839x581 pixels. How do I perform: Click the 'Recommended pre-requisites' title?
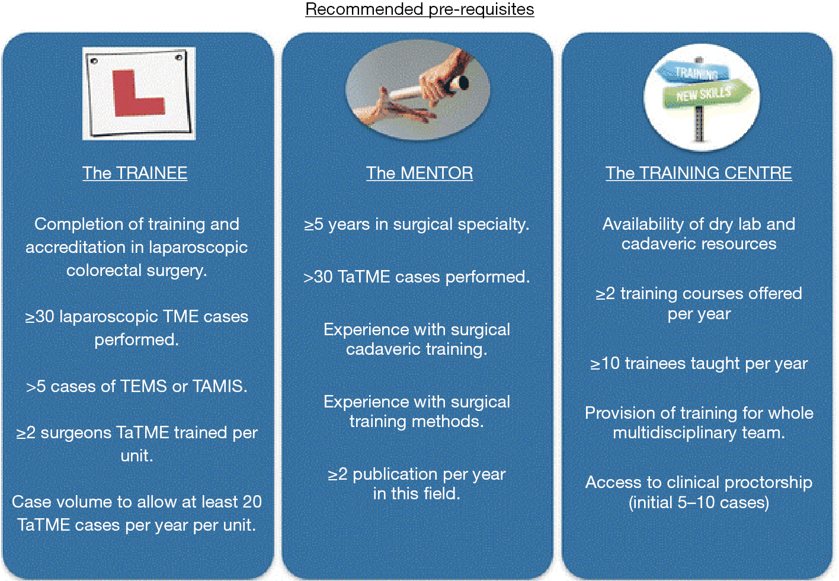coord(420,9)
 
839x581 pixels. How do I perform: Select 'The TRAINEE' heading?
coord(135,173)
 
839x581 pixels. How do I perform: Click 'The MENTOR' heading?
coord(420,173)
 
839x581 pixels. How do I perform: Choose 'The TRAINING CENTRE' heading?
coord(699,173)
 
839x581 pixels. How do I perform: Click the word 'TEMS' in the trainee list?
coord(143,386)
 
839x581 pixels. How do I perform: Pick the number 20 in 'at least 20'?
coord(252,502)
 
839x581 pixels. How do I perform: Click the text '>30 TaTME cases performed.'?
coord(417,277)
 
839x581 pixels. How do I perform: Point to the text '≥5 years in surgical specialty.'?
coord(417,224)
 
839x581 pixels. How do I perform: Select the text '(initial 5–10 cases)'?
coord(699,502)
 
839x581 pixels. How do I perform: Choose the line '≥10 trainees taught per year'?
coord(699,364)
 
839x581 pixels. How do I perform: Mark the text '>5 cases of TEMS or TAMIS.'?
coord(137,386)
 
